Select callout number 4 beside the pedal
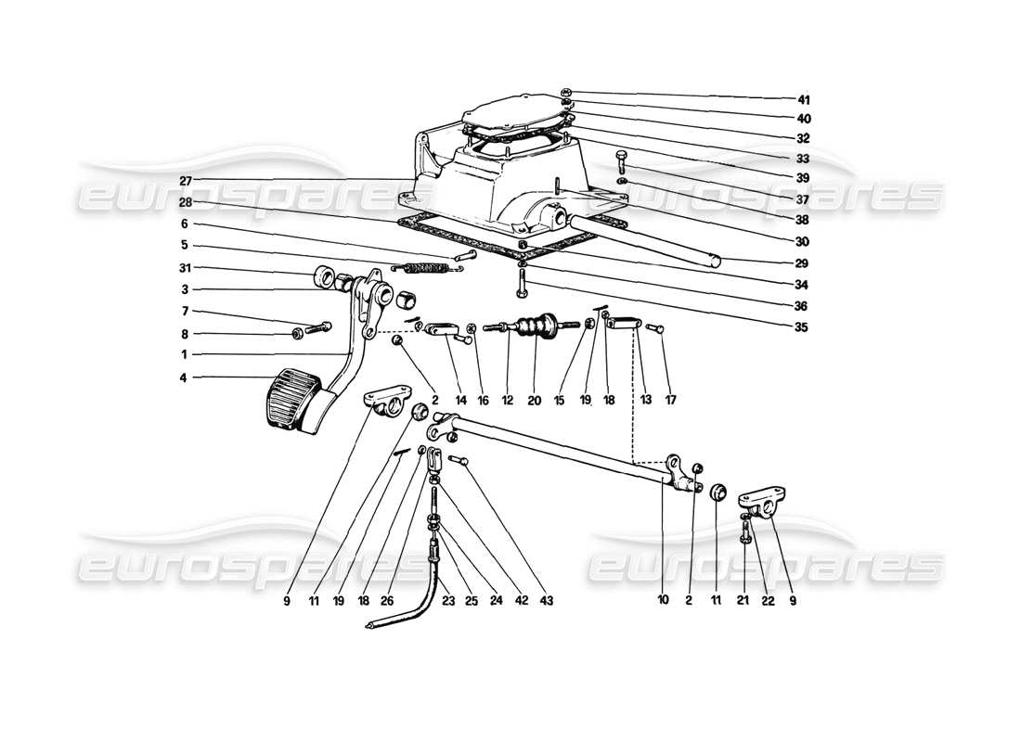[185, 377]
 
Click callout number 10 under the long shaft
[663, 600]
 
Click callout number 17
[670, 401]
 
